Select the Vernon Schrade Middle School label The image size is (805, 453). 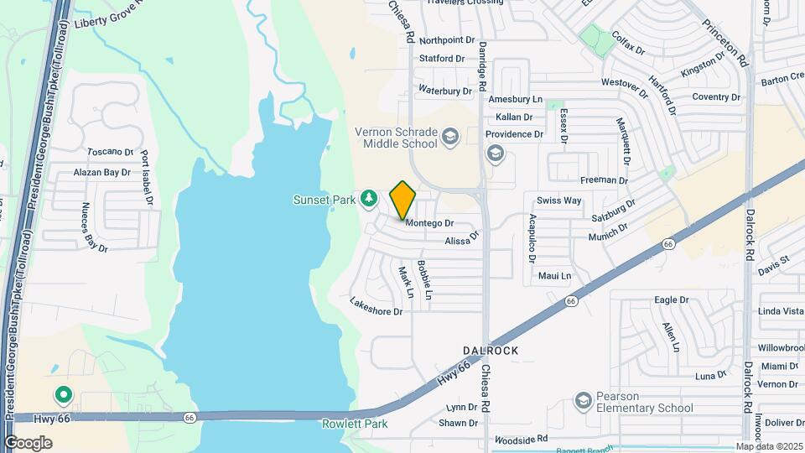[x=396, y=138]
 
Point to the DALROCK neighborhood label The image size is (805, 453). [x=491, y=350]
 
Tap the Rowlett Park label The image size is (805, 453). [x=355, y=424]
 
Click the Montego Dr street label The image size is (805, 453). [x=429, y=224]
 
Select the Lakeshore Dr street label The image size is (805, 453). [x=377, y=306]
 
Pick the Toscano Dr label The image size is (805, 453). [x=111, y=153]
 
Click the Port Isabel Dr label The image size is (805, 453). [x=148, y=179]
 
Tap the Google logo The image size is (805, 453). [x=28, y=443]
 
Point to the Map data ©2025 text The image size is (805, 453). [x=769, y=446]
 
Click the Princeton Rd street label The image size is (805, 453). [x=725, y=44]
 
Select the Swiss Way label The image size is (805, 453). [x=559, y=200]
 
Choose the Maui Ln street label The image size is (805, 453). [x=554, y=276]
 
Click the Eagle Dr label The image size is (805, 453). [x=671, y=299]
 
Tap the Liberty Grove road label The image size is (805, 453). [x=106, y=19]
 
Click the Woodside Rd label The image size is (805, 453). [x=521, y=439]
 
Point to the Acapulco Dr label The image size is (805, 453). [x=532, y=238]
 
